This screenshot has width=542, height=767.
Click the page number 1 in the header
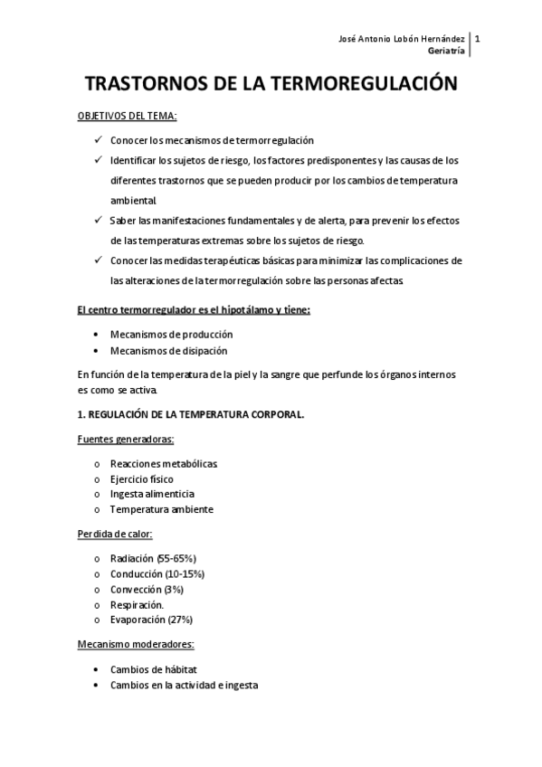(x=477, y=39)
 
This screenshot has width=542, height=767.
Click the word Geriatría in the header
(x=448, y=52)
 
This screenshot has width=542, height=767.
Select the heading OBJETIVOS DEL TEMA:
(x=127, y=117)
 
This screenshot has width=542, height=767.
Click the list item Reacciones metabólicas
(x=164, y=463)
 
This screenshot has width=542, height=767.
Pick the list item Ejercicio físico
(x=142, y=478)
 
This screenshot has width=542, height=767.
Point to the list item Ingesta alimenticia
(x=152, y=494)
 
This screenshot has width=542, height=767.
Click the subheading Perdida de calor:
(x=114, y=534)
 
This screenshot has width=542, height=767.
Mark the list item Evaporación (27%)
(x=151, y=620)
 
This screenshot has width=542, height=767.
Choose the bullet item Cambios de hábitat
(x=153, y=668)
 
